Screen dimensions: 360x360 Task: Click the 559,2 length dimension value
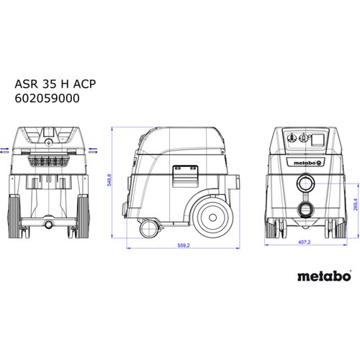pos(183,246)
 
